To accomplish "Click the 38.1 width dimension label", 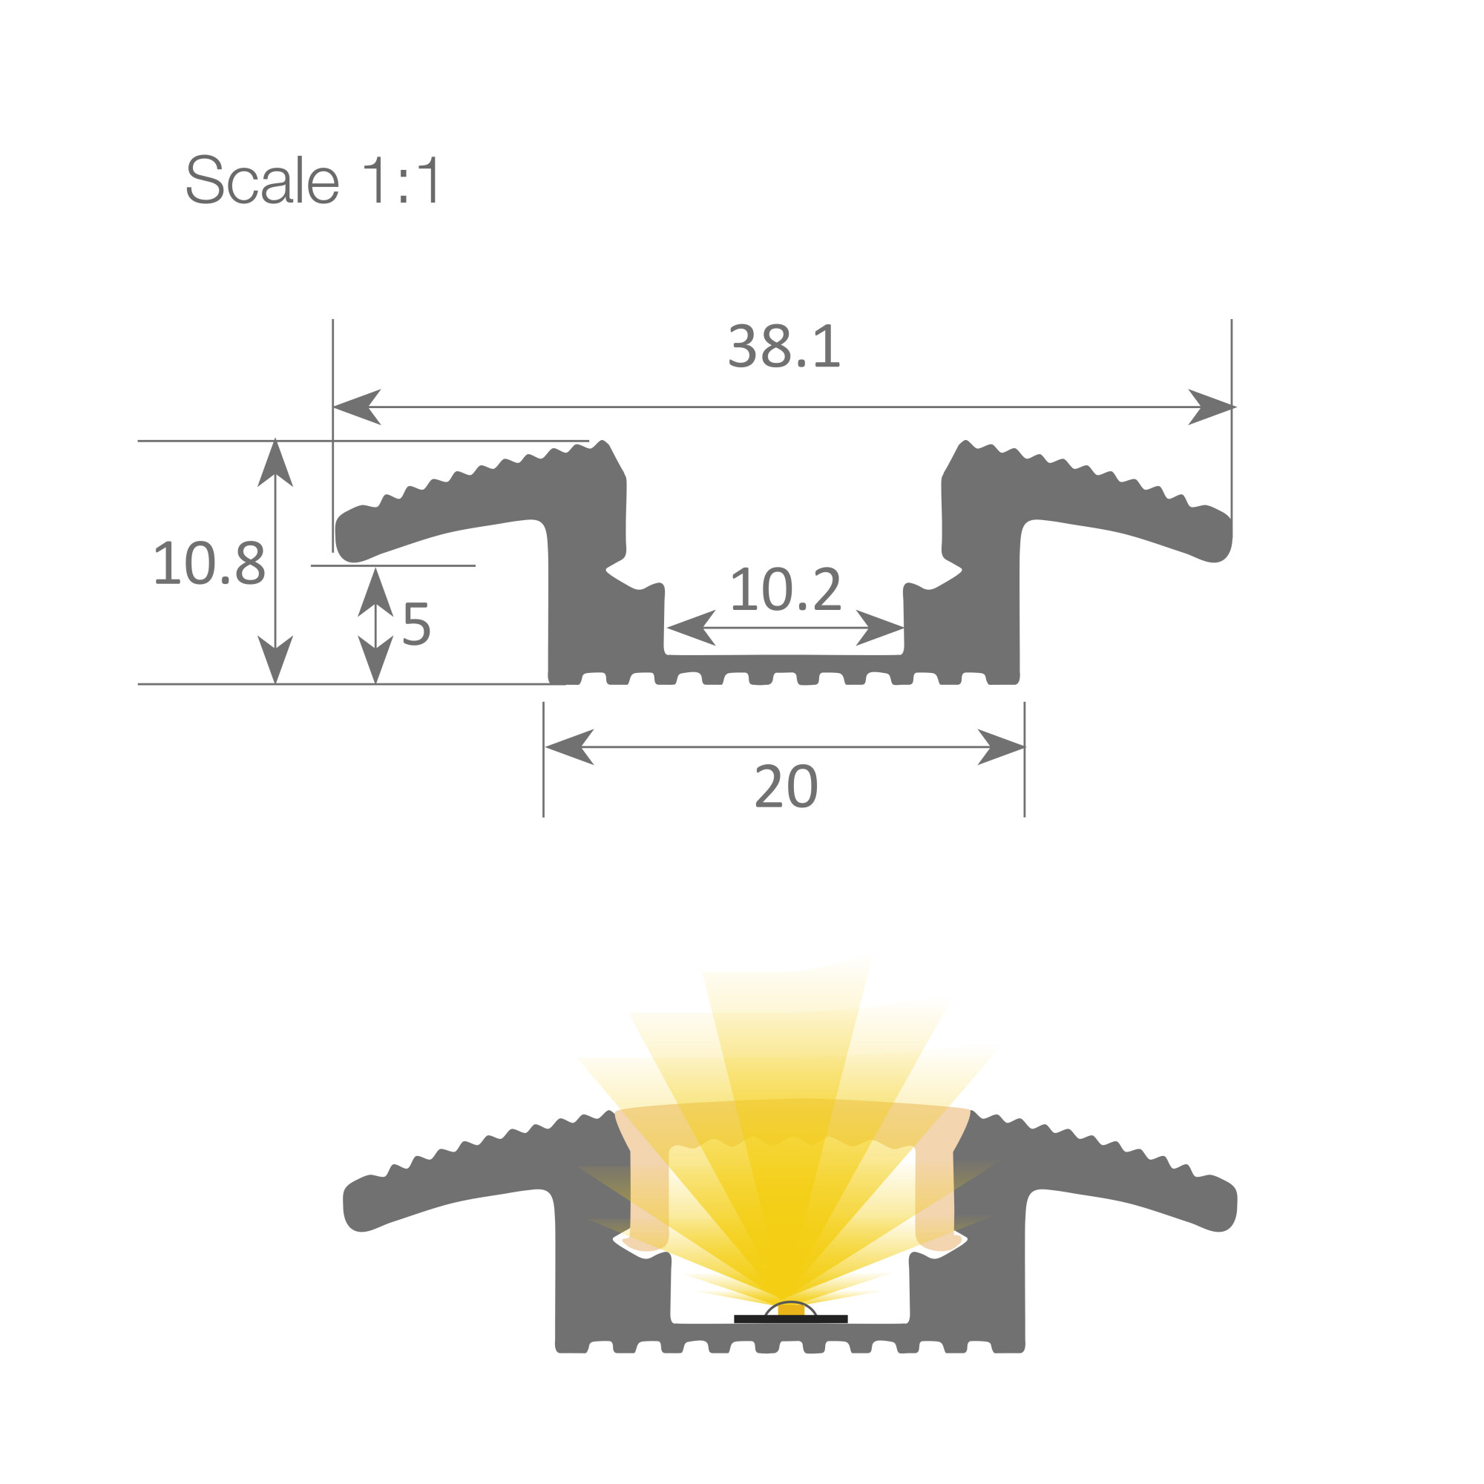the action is click(x=784, y=347).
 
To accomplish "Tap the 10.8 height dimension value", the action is click(x=210, y=563).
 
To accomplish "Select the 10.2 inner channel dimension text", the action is click(x=786, y=589).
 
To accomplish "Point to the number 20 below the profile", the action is click(x=787, y=786).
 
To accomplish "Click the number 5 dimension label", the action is click(x=416, y=624).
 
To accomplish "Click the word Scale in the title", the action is click(x=263, y=179).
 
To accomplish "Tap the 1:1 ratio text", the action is click(x=401, y=179).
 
